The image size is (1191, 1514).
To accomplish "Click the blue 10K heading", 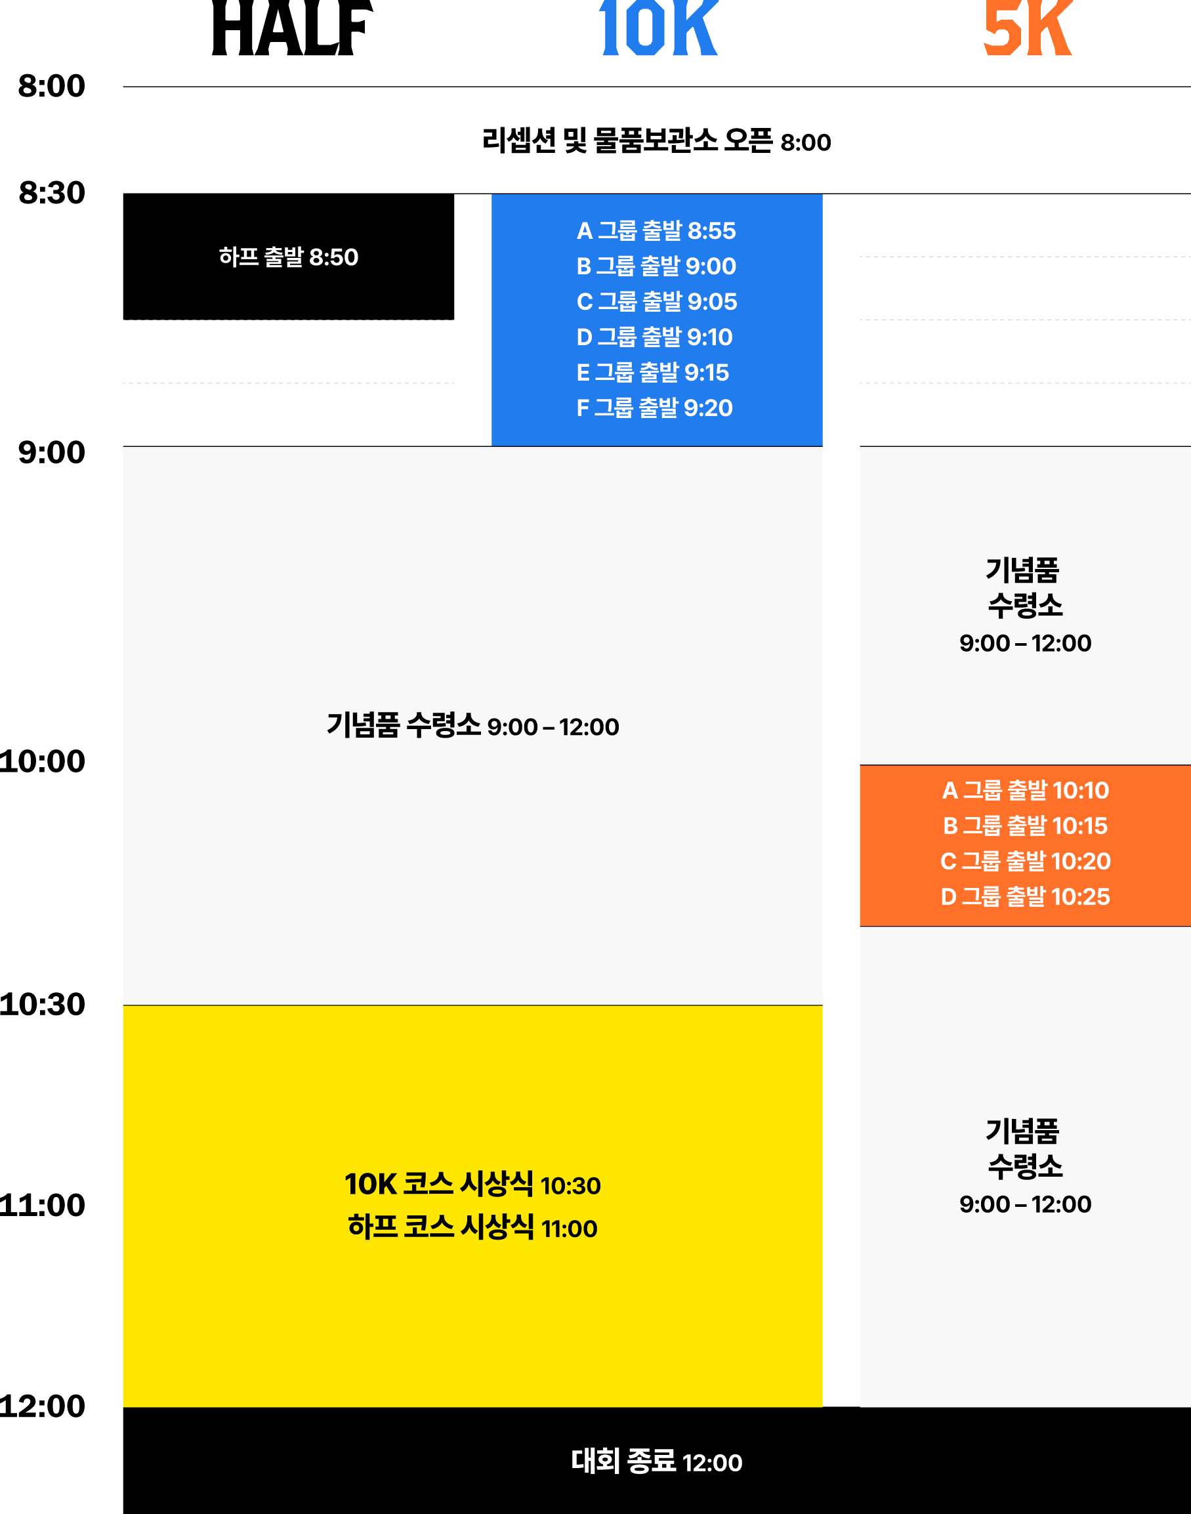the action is (x=658, y=28).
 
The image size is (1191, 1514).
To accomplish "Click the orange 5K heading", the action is (x=1027, y=28).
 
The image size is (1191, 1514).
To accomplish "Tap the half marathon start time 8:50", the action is (x=288, y=257).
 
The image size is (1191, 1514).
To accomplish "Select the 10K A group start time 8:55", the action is (x=656, y=231).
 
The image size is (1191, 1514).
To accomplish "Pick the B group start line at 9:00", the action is (x=656, y=266).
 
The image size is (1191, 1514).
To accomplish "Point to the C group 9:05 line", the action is (x=656, y=302).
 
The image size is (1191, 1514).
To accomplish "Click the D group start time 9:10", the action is (x=655, y=337).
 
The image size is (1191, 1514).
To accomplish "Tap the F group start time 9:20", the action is (x=655, y=408).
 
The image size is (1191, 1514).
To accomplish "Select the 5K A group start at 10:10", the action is (x=1025, y=791).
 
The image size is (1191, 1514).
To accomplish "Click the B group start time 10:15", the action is (x=1025, y=826).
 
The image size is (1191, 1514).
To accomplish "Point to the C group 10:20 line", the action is (x=1025, y=862).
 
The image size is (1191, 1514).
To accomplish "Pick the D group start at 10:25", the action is (x=1025, y=898).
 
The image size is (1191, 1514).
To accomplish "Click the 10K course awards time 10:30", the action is (x=472, y=1185).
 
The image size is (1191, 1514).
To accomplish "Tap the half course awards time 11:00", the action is (x=472, y=1228).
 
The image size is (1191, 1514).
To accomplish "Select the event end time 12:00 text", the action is (x=656, y=1462).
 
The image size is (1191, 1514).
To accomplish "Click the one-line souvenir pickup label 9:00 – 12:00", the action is (x=472, y=726).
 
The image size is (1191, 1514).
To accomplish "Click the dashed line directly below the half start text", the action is (x=288, y=320).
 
